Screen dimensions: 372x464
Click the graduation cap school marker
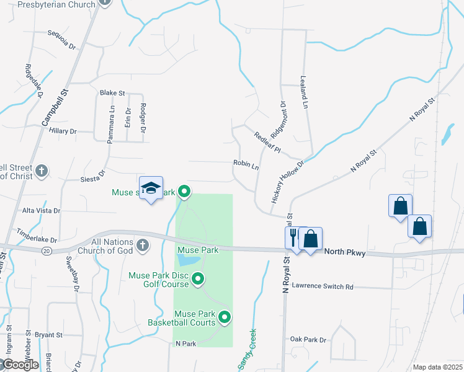pyautogui.click(x=151, y=188)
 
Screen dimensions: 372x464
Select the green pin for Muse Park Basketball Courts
pyautogui.click(x=225, y=318)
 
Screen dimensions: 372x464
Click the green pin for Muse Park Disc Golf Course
pyautogui.click(x=198, y=280)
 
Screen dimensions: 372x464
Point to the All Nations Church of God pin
pyautogui.click(x=142, y=246)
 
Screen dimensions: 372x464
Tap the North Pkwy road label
pyautogui.click(x=346, y=252)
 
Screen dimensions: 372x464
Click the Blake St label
pyautogui.click(x=112, y=93)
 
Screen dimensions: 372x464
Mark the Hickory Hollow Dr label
pyautogui.click(x=288, y=182)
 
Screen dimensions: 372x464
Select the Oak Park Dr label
pyautogui.click(x=308, y=339)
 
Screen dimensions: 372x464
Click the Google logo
pyautogui.click(x=20, y=364)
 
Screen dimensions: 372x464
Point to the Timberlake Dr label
pyautogui.click(x=37, y=239)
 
